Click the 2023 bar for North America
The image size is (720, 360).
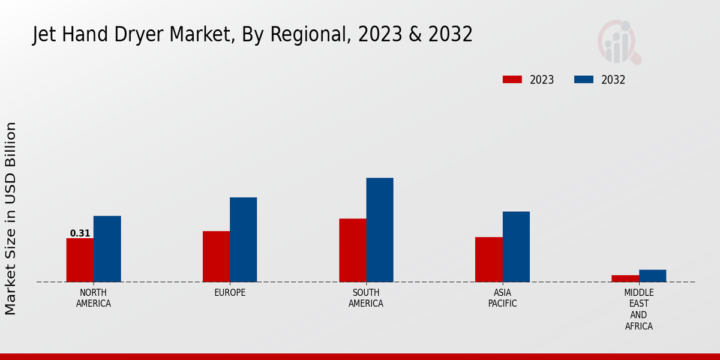pyautogui.click(x=80, y=260)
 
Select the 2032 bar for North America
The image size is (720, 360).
pyautogui.click(x=107, y=248)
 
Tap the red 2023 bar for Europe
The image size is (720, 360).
pyautogui.click(x=216, y=256)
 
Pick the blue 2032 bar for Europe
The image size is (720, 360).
pyautogui.click(x=243, y=239)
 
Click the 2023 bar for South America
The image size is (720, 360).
pyautogui.click(x=352, y=250)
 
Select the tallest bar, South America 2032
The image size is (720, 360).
pyautogui.click(x=380, y=230)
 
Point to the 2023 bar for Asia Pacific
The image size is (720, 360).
pyautogui.click(x=488, y=259)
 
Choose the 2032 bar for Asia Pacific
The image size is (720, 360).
pyautogui.click(x=516, y=247)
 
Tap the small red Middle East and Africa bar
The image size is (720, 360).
pyautogui.click(x=625, y=278)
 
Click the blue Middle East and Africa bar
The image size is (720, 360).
pyautogui.click(x=652, y=275)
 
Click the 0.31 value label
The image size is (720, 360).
pyautogui.click(x=80, y=233)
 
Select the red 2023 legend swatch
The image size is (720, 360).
pyautogui.click(x=512, y=80)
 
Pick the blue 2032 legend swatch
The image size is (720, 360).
pyautogui.click(x=584, y=80)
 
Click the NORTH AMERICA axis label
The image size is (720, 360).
pyautogui.click(x=94, y=298)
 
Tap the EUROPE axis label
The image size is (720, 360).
pyautogui.click(x=230, y=293)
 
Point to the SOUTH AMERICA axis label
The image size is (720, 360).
pyautogui.click(x=366, y=298)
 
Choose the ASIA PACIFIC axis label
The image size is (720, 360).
pyautogui.click(x=502, y=298)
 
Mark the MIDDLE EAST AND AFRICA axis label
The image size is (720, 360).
pyautogui.click(x=638, y=310)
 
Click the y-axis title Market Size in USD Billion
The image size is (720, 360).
pyautogui.click(x=11, y=218)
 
